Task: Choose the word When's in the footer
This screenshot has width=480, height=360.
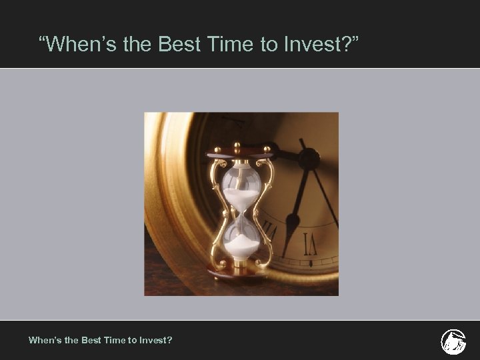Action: [x=44, y=340]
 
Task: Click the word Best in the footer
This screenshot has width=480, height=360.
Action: [x=90, y=340]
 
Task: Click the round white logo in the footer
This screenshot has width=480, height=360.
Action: [x=453, y=341]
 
